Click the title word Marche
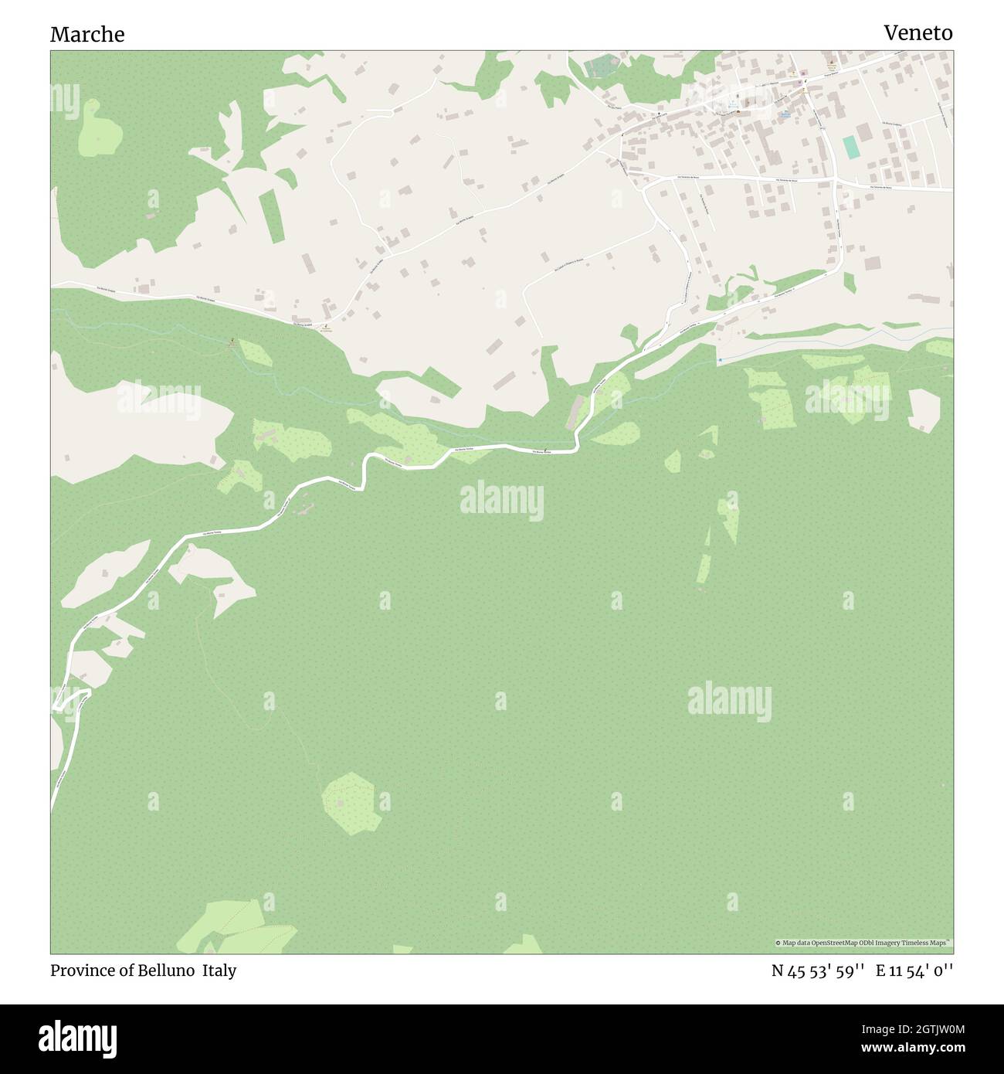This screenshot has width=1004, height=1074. (x=87, y=34)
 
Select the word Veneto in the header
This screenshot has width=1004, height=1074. (x=918, y=32)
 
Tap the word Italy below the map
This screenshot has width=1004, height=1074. (x=219, y=970)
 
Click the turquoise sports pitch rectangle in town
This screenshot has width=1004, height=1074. (x=850, y=148)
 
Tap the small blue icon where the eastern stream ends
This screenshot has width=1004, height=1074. (x=720, y=360)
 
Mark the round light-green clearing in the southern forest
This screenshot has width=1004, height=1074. (x=352, y=801)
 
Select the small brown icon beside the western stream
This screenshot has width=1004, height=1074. (x=232, y=341)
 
